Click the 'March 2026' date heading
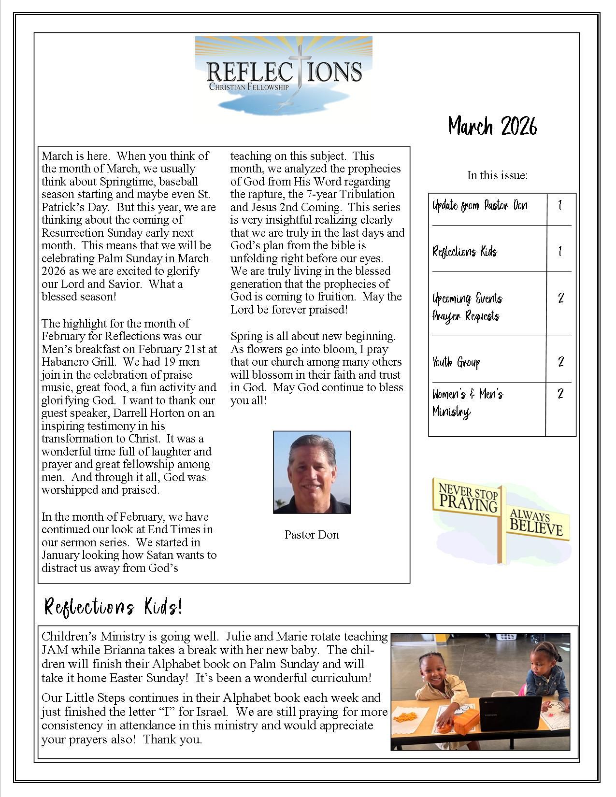point(492,127)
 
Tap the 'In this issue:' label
point(497,175)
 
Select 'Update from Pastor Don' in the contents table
point(480,205)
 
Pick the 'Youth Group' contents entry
point(456,362)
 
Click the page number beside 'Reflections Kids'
point(560,252)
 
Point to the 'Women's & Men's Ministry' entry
point(467,403)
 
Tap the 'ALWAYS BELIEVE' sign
point(537,523)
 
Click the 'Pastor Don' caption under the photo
point(312,535)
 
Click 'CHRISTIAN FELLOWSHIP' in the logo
point(248,87)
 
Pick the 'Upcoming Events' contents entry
point(467,298)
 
